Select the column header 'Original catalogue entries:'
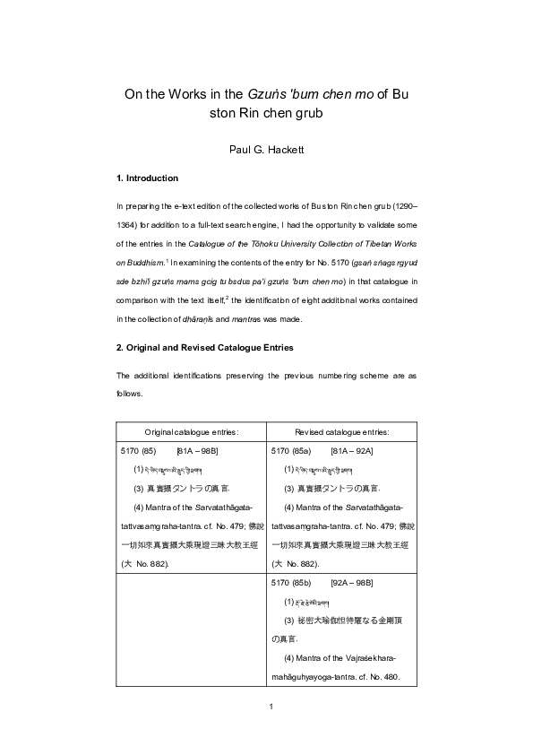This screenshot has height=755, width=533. (191, 431)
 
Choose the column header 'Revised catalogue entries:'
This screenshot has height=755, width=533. (340, 431)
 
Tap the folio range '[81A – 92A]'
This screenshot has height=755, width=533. (352, 450)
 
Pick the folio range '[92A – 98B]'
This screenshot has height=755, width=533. (351, 583)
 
